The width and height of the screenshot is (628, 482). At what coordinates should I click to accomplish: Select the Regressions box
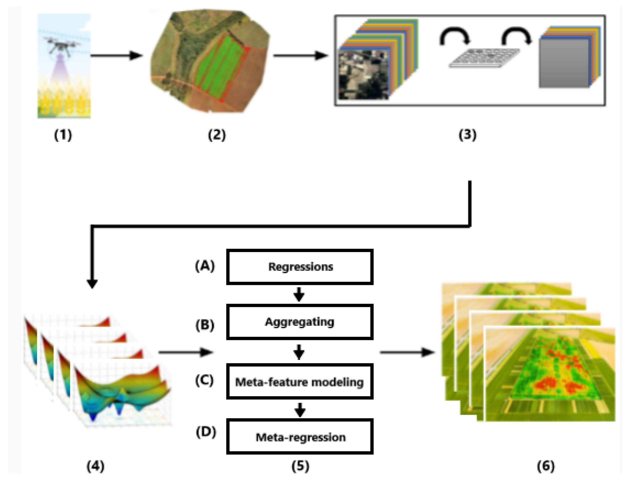(300, 267)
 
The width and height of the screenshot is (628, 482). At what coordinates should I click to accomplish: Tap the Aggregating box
(300, 322)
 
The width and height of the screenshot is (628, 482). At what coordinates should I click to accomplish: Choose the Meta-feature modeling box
(300, 382)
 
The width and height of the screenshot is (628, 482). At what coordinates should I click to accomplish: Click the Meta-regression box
(300, 437)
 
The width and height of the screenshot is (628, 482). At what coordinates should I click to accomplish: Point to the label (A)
(205, 266)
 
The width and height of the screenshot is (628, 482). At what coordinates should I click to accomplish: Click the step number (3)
(467, 135)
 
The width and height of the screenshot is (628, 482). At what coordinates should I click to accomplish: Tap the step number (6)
(546, 466)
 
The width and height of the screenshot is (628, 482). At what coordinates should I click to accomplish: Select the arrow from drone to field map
(116, 55)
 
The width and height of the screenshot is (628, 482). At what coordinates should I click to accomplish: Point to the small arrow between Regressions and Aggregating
(299, 294)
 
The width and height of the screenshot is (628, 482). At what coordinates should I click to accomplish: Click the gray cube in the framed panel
(564, 63)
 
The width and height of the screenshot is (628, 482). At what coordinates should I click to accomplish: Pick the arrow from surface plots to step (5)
(186, 352)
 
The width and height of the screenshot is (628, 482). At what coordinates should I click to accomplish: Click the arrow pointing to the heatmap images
(407, 352)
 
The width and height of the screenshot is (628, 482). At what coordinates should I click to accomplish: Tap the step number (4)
(95, 466)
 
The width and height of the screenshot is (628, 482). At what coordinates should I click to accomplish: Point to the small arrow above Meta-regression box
(300, 410)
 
